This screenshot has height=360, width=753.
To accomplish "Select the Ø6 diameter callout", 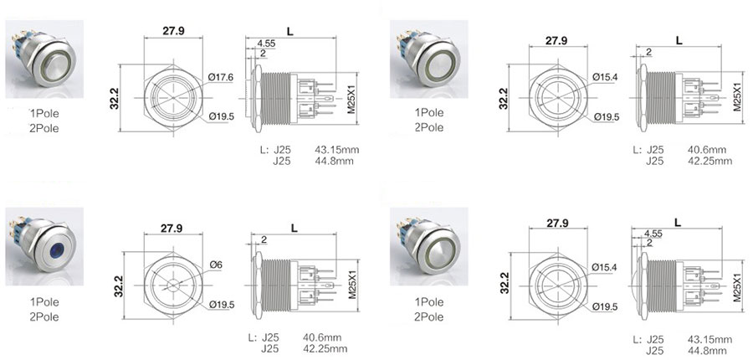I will coord(215,265).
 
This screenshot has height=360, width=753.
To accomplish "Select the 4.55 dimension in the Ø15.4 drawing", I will coord(653,234).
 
